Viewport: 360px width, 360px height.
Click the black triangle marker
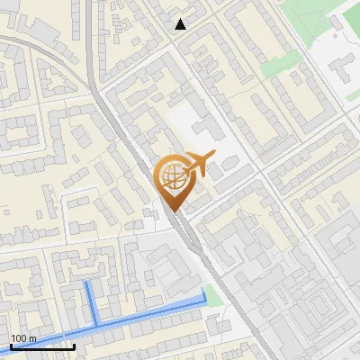[x=181, y=24]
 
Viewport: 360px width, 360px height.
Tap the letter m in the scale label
[x=33, y=338]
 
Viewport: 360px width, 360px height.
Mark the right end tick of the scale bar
[x=75, y=346]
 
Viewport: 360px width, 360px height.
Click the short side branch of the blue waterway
[x=91, y=301]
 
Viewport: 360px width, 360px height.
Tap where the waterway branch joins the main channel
[x=96, y=323]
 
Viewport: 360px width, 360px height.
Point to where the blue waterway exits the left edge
[x=2, y=350]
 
